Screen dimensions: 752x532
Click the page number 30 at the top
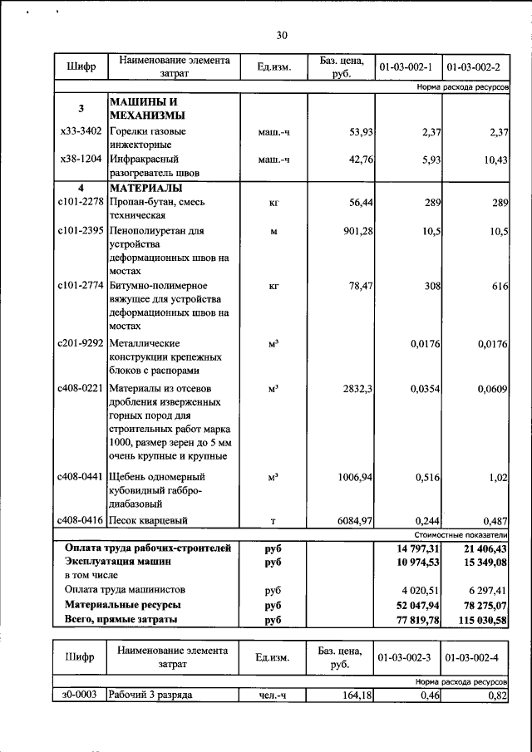pyautogui.click(x=281, y=35)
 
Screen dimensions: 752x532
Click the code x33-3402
pyautogui.click(x=81, y=131)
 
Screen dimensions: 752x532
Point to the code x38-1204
pyautogui.click(x=81, y=159)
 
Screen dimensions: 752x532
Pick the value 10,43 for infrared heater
pyautogui.click(x=495, y=159)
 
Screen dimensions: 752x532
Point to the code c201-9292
pyautogui.click(x=81, y=342)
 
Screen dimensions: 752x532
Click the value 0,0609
pyautogui.click(x=490, y=388)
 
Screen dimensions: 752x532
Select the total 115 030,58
pyautogui.click(x=479, y=620)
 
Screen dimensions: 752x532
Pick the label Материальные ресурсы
pyautogui.click(x=123, y=605)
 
